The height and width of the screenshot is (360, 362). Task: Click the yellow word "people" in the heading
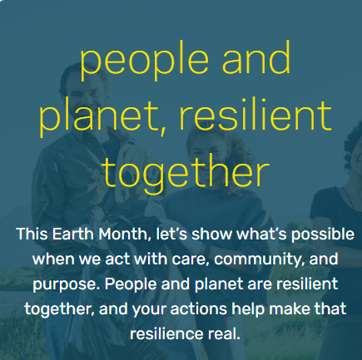click(144, 61)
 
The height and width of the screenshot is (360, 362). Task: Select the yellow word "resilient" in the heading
click(255, 114)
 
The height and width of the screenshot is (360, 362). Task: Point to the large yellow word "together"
click(186, 173)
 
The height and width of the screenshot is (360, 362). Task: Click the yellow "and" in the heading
click(256, 57)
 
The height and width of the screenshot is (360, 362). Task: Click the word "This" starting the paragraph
click(32, 234)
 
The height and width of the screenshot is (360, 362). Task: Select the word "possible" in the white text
click(322, 235)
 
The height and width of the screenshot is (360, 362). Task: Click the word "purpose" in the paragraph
click(67, 285)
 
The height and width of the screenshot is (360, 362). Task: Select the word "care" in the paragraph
click(190, 259)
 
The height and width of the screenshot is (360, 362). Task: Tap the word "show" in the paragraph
click(212, 234)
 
